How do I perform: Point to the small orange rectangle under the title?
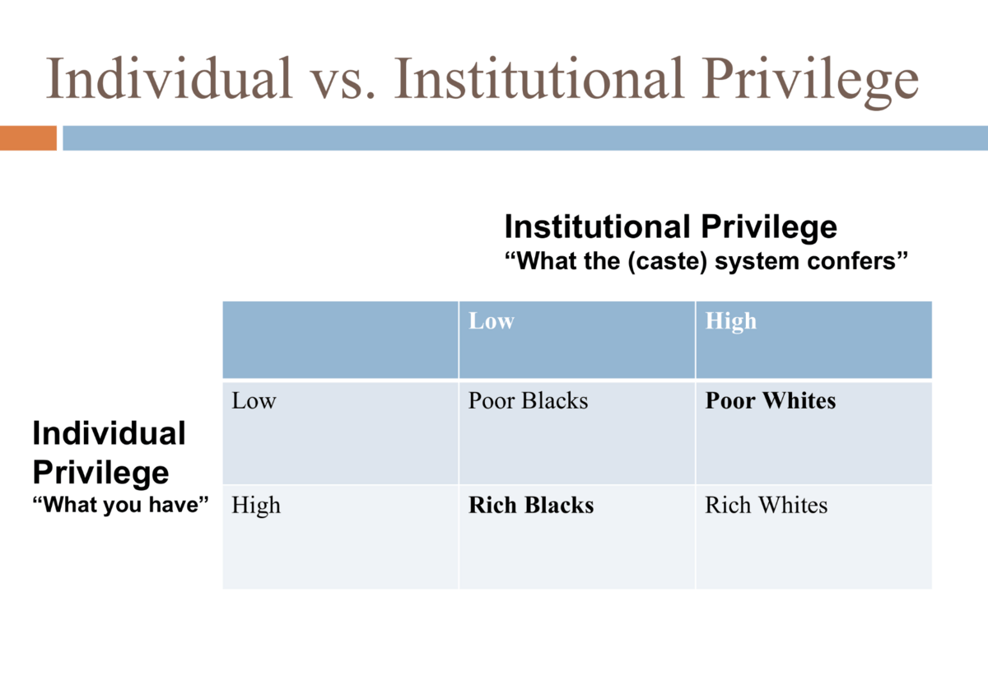pyautogui.click(x=28, y=138)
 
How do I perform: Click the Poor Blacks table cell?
pyautogui.click(x=528, y=402)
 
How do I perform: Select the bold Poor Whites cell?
pyautogui.click(x=770, y=402)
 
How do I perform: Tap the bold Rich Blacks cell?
pyautogui.click(x=531, y=505)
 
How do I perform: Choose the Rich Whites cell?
pyautogui.click(x=766, y=505)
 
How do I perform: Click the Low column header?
pyautogui.click(x=492, y=321)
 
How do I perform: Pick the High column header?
pyautogui.click(x=730, y=321)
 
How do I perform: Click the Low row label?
pyautogui.click(x=254, y=402)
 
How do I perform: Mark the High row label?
pyautogui.click(x=256, y=505)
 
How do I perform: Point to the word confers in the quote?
pyautogui.click(x=862, y=262)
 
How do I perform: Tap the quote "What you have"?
pyautogui.click(x=117, y=504)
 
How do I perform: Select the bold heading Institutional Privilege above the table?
pyautogui.click(x=670, y=226)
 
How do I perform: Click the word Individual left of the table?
pyautogui.click(x=109, y=433)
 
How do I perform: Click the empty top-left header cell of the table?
pyautogui.click(x=340, y=339)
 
